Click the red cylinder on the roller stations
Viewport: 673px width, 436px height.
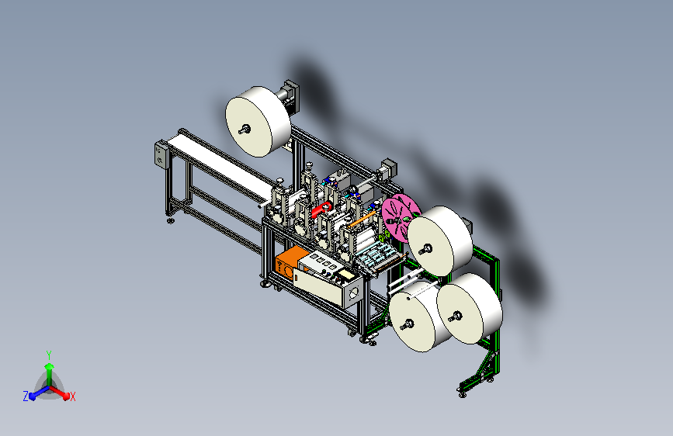coord(321,209)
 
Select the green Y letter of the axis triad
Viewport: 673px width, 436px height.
coord(49,355)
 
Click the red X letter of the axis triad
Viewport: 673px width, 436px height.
coord(72,396)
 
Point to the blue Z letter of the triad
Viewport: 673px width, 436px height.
coord(26,396)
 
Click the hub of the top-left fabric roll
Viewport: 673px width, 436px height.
coord(245,129)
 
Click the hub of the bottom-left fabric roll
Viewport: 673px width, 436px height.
coord(408,324)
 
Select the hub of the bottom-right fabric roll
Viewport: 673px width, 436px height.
coord(456,317)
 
